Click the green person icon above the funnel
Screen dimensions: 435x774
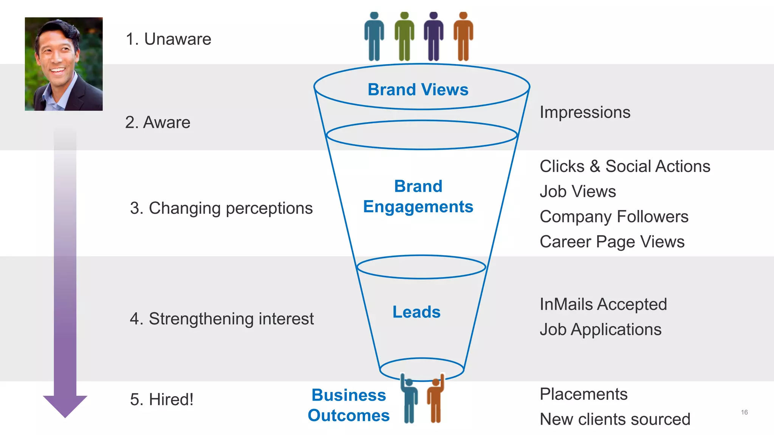coord(404,37)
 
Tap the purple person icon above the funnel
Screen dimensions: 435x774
coord(433,37)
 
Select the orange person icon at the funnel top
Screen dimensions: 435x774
coord(463,37)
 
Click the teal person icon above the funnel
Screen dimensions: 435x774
coord(374,37)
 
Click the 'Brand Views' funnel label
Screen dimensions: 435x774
coord(418,90)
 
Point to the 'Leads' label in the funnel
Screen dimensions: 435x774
coord(416,312)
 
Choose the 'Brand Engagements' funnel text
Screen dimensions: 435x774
coord(418,196)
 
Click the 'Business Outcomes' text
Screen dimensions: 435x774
coord(348,405)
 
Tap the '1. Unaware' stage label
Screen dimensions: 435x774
coord(168,39)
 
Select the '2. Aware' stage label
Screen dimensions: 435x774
coord(158,122)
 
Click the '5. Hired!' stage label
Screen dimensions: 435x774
coord(161,400)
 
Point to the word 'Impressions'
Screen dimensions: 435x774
coord(585,112)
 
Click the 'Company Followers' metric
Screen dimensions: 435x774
coord(614,217)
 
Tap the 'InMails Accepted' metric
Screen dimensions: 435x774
coord(603,304)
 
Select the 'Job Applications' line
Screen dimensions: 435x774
coord(601,329)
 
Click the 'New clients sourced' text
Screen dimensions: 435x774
coord(615,419)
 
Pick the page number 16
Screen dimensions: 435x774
coord(744,412)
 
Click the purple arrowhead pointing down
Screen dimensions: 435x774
coord(65,406)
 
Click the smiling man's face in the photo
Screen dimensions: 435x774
coord(57,57)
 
